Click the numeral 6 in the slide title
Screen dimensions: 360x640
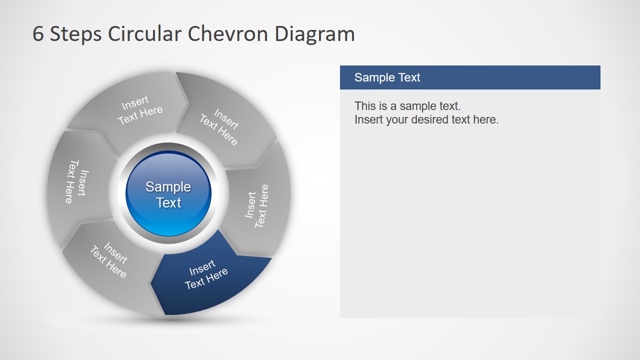(x=38, y=34)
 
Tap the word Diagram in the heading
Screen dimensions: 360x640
(x=314, y=34)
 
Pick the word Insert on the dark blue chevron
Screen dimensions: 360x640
(x=202, y=268)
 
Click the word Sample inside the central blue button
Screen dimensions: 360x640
(x=168, y=187)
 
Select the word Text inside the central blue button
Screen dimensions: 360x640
(x=168, y=203)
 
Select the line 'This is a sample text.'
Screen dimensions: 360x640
(x=407, y=106)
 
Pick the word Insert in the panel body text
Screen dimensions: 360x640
(x=368, y=120)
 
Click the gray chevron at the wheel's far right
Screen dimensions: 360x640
(x=260, y=205)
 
